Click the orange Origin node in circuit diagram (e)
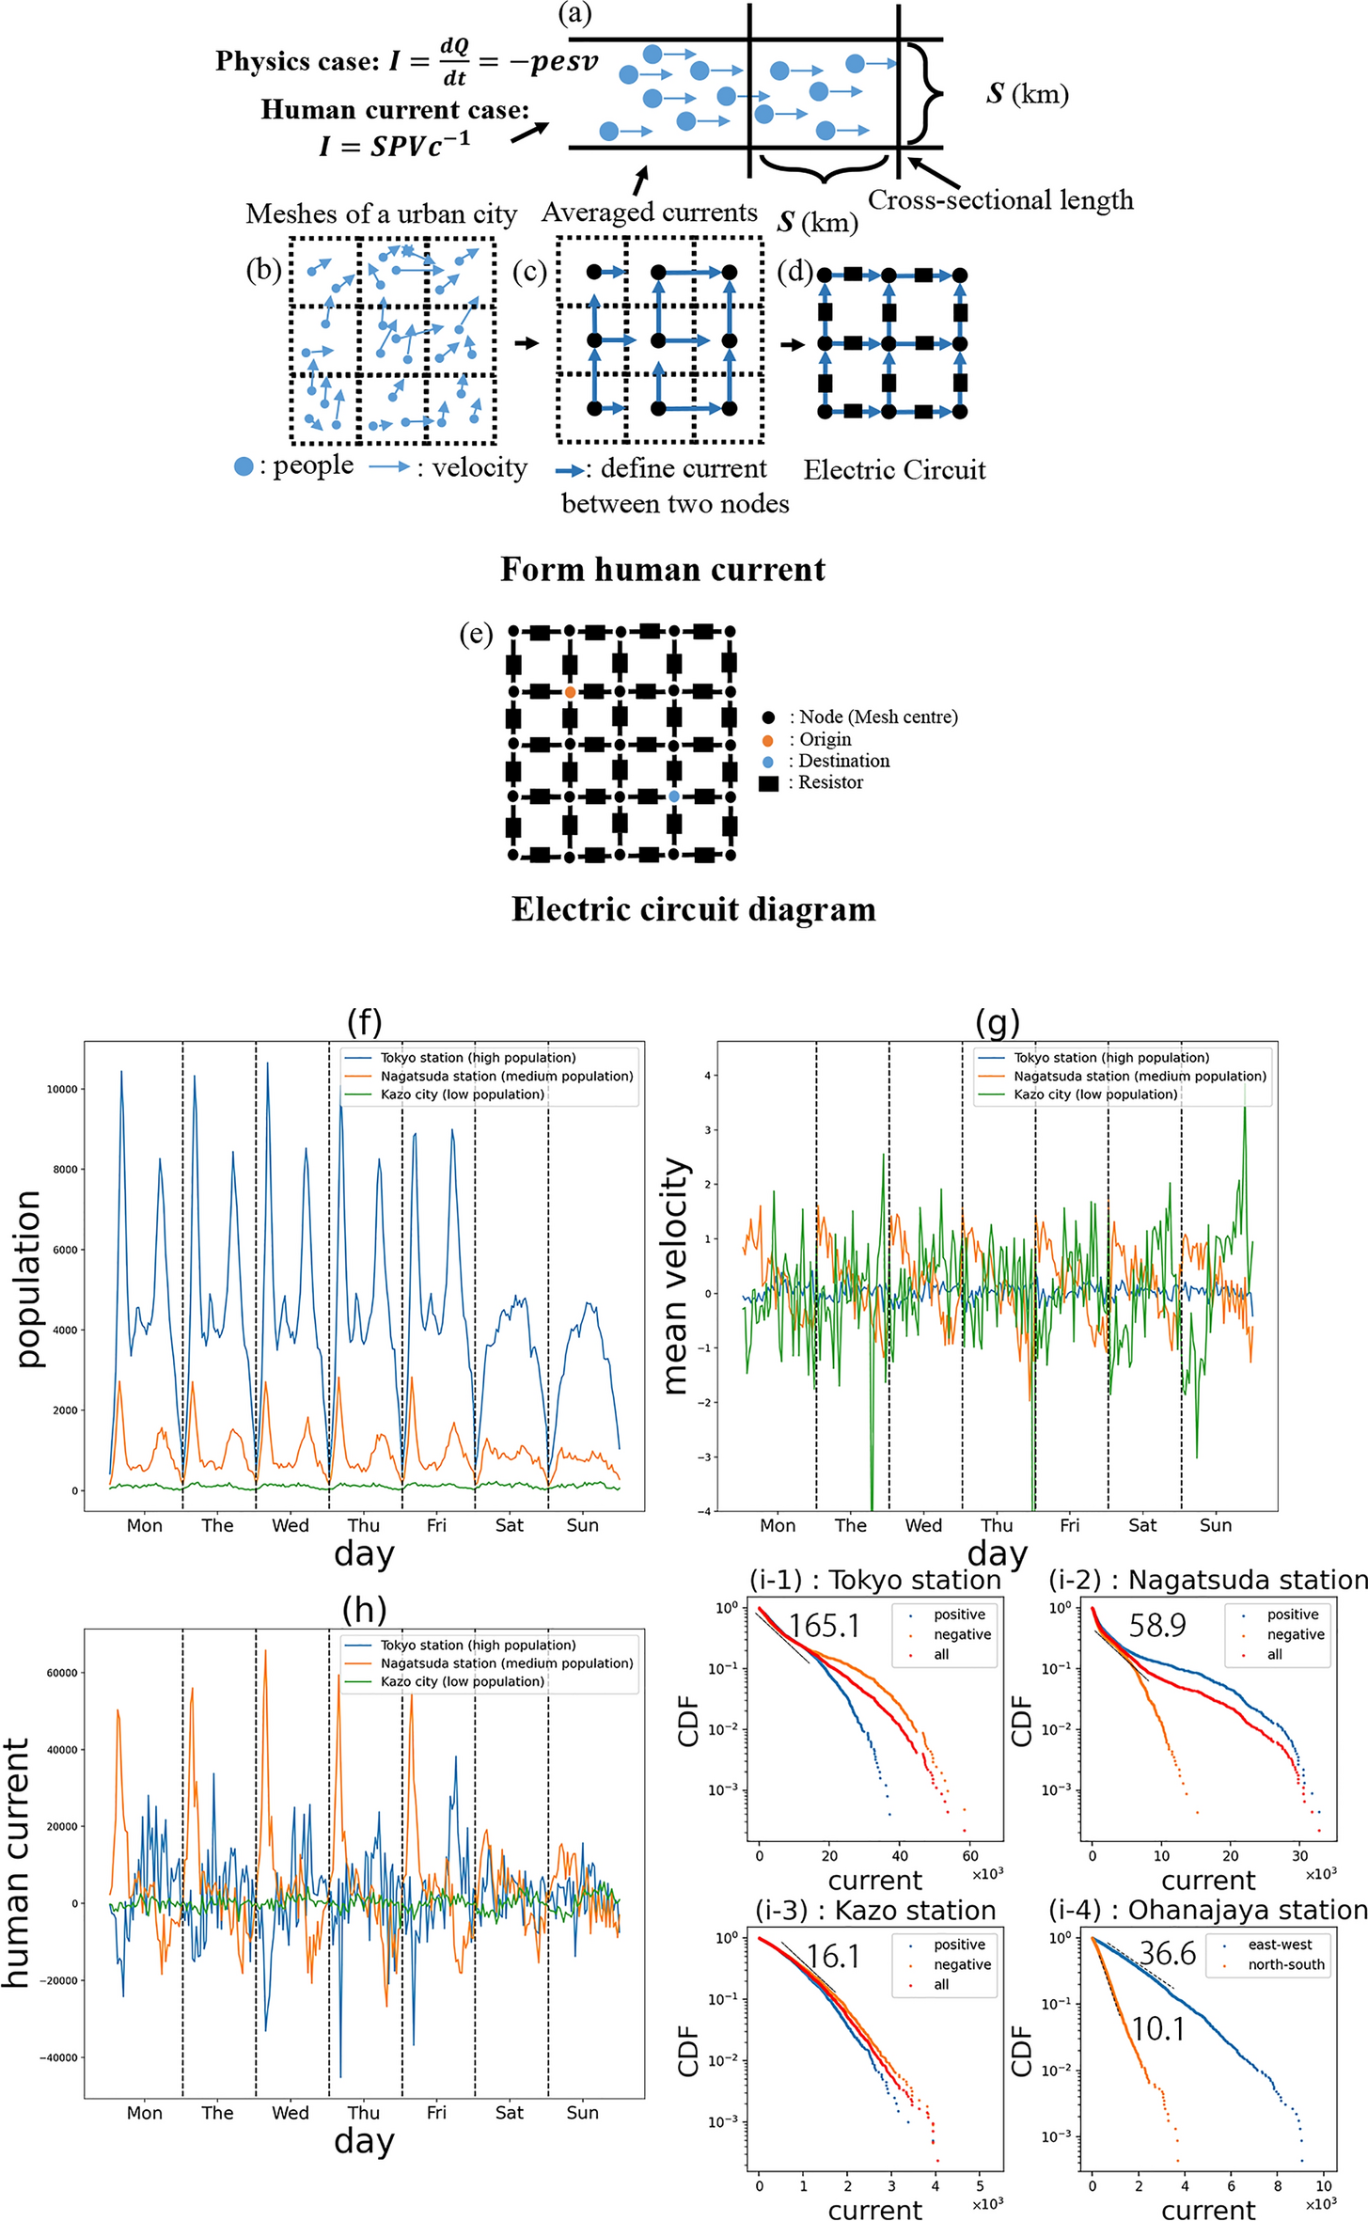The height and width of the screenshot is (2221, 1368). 570,692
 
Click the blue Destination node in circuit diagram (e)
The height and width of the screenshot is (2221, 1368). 674,796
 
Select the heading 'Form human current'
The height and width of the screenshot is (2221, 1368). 663,570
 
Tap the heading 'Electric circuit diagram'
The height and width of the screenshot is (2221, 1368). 694,910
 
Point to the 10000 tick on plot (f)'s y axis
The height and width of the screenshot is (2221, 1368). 63,1089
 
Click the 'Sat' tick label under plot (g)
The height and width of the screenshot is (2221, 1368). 1142,1525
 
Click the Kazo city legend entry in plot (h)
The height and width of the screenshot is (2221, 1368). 462,1681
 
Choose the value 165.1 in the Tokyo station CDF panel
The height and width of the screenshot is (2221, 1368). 825,1626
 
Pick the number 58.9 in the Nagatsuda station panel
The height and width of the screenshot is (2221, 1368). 1157,1625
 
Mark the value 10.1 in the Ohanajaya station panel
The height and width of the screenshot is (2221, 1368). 1157,2029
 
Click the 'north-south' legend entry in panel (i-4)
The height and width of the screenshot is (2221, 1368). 1285,1964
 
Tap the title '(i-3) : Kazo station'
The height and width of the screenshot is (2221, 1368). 875,1910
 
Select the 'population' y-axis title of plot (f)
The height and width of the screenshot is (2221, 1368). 28,1280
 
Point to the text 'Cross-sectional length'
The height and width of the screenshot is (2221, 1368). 1000,200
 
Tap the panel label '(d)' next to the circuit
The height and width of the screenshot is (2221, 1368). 795,273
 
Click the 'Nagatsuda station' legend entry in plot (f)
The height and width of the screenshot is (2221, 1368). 506,1076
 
